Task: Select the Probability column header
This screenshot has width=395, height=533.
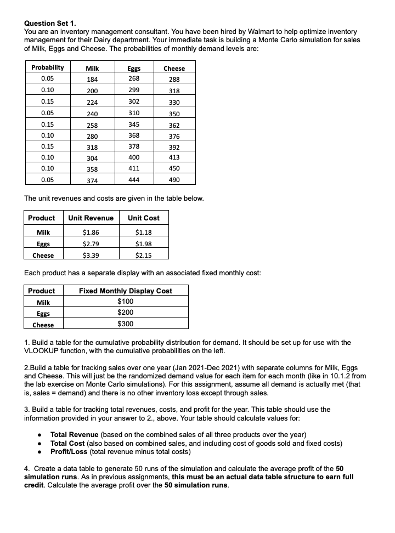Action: pyautogui.click(x=47, y=67)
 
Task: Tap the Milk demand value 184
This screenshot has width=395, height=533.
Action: pyautogui.click(x=92, y=79)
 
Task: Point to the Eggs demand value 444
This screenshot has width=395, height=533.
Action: pyautogui.click(x=133, y=179)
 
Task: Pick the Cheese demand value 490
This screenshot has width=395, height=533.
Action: pyautogui.click(x=174, y=180)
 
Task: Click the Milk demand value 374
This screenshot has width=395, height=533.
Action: pyautogui.click(x=92, y=180)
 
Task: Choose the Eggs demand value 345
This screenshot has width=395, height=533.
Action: pyautogui.click(x=133, y=124)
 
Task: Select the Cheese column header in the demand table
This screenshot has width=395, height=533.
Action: pyautogui.click(x=174, y=68)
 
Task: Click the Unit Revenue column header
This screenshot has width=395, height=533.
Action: pyautogui.click(x=91, y=218)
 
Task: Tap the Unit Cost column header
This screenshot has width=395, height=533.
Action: pyautogui.click(x=144, y=218)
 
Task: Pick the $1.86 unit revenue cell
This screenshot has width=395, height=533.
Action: pyautogui.click(x=91, y=233)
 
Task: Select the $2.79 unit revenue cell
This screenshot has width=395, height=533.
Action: pyautogui.click(x=91, y=243)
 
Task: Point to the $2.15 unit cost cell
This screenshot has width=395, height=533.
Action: pyautogui.click(x=144, y=255)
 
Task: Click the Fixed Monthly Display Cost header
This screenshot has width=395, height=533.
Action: pyautogui.click(x=126, y=291)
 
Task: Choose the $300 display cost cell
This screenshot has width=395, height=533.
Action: pyautogui.click(x=126, y=324)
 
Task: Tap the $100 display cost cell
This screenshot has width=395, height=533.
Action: pyautogui.click(x=126, y=302)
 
